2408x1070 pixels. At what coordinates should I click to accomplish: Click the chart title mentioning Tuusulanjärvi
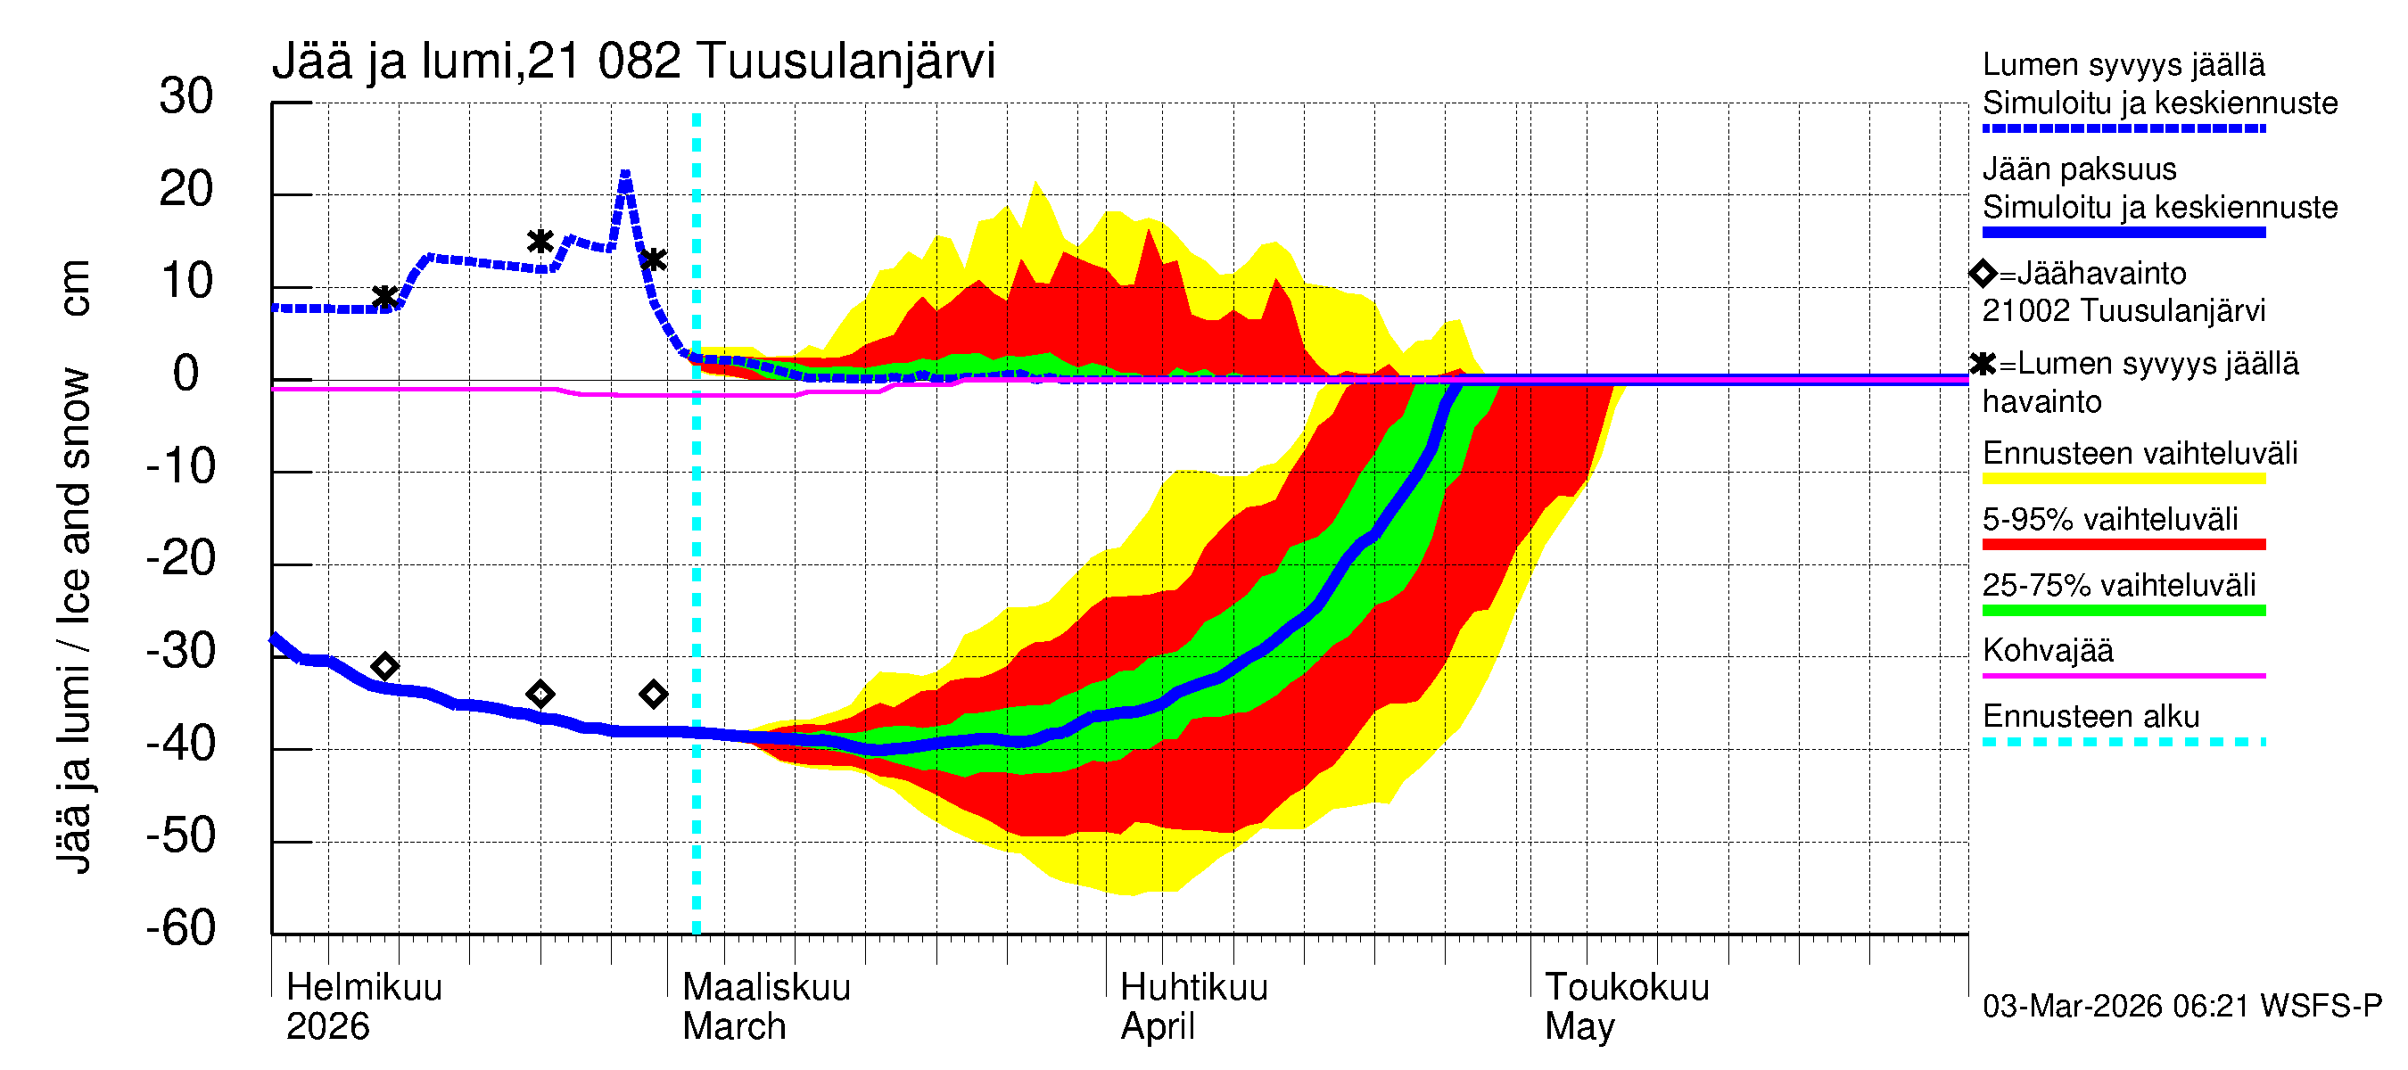633,62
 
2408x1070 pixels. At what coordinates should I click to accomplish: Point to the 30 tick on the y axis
186,96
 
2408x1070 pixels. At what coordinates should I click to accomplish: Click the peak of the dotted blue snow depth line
624,174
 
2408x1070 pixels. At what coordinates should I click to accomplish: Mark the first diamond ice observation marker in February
384,666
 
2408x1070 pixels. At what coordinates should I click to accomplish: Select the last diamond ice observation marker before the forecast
654,694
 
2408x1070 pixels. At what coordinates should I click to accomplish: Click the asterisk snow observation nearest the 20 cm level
540,241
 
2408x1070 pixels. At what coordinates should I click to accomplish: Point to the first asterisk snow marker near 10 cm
384,297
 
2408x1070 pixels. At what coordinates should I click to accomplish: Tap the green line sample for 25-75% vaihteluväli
2123,610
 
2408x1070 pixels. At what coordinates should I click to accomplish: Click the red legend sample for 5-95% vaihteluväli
2123,544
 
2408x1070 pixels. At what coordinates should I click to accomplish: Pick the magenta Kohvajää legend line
2123,675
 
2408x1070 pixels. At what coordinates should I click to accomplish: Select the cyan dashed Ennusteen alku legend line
2123,742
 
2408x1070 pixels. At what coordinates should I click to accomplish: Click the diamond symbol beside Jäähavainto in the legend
1983,274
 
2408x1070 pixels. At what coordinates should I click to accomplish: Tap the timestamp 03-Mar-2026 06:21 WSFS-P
2181,1007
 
